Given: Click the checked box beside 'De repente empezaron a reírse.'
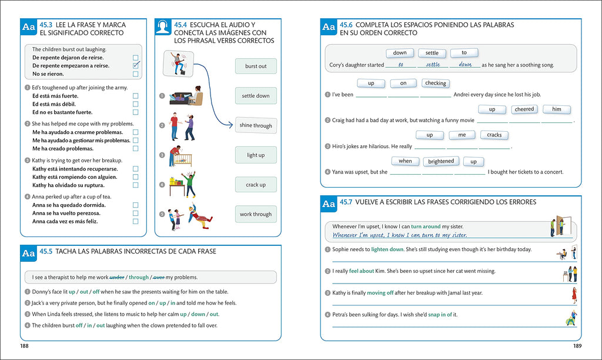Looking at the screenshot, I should (136, 66).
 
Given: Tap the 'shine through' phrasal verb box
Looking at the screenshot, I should (256, 125).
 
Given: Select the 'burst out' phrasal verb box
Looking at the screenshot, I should (256, 66).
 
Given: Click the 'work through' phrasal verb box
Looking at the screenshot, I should (256, 214).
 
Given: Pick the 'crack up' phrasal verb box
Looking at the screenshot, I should (256, 185).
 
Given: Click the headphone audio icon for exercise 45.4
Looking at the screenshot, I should (163, 27).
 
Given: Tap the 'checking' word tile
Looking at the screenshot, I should (436, 84).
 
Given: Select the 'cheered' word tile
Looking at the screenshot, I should (524, 109).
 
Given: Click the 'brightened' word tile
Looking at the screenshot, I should (441, 161).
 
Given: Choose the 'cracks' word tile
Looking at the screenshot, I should (494, 135).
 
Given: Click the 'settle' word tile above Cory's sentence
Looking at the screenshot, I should (432, 53).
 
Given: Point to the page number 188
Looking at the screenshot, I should (24, 345).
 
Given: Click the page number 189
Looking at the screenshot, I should (577, 345).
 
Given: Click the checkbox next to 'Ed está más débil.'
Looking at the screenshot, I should (136, 104).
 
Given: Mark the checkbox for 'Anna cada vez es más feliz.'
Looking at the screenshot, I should (136, 222).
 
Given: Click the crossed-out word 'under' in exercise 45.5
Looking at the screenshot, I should (117, 277).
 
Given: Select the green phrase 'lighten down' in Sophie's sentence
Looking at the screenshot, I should (387, 249).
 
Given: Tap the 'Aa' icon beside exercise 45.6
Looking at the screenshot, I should (329, 27).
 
